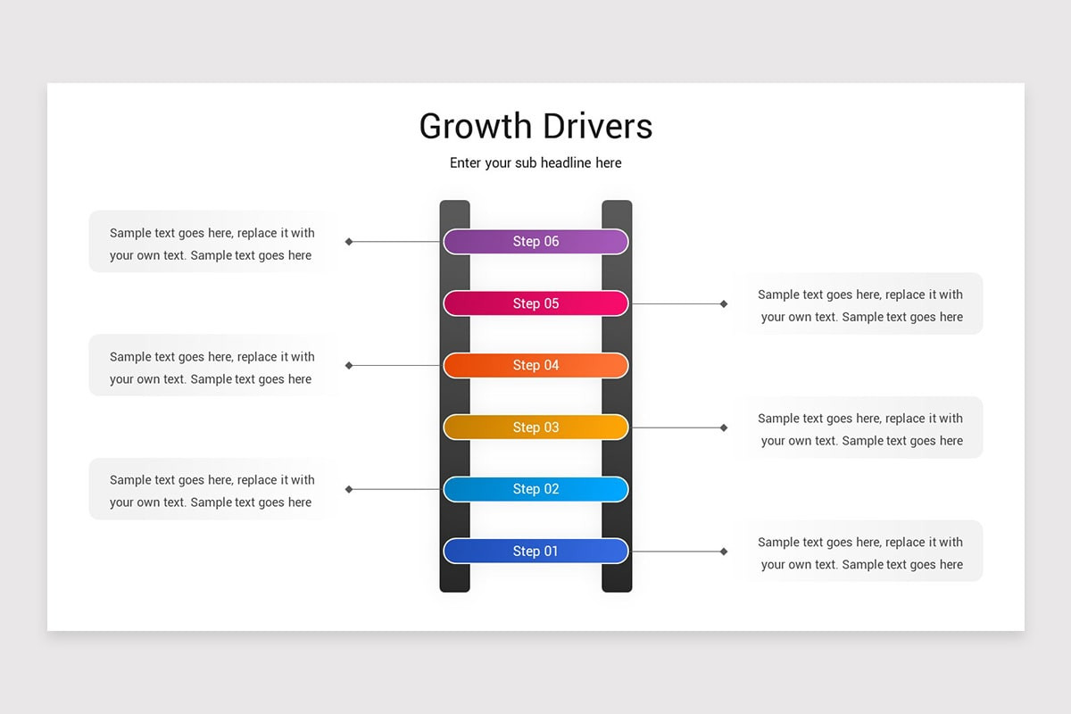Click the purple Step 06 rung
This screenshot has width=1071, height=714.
click(535, 242)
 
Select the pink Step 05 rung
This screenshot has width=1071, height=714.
click(535, 303)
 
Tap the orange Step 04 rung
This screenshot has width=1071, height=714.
click(535, 365)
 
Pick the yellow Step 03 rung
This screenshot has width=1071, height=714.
click(535, 428)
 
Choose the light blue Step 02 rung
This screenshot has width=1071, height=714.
click(535, 489)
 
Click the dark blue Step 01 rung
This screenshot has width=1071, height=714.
click(535, 552)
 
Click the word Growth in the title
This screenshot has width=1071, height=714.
click(474, 127)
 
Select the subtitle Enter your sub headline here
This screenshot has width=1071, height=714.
click(535, 163)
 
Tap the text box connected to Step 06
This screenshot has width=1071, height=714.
click(212, 244)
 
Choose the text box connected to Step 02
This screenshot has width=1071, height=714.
click(212, 491)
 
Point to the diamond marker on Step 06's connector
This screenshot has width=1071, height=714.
click(349, 242)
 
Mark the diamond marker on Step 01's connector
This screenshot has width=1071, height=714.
click(724, 552)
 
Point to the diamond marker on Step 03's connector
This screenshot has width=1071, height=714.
click(724, 428)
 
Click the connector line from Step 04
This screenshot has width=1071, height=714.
click(397, 365)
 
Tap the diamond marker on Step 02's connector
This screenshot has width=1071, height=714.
click(349, 489)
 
